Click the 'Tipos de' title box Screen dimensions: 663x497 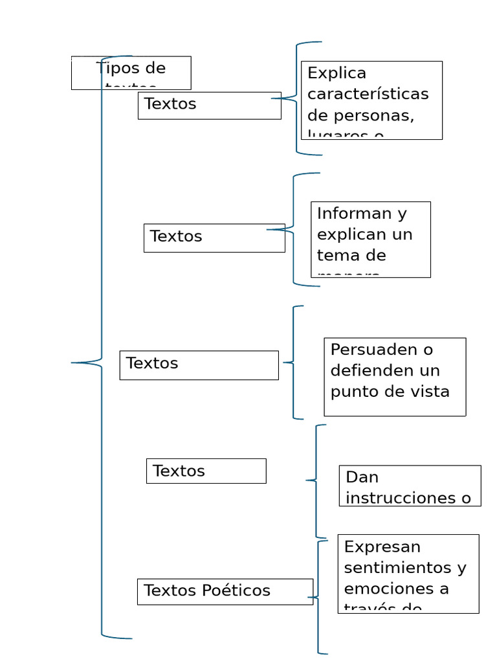point(131,73)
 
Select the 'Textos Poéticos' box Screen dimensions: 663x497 point(225,591)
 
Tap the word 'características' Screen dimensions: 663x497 point(368,94)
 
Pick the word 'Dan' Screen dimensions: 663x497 point(362,477)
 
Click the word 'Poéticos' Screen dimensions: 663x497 point(236,590)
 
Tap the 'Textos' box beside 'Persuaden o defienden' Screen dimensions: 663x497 point(199,365)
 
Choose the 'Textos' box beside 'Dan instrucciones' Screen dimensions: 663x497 point(206,471)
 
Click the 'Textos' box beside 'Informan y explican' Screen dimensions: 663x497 point(214,238)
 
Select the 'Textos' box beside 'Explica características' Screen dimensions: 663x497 point(209,106)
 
